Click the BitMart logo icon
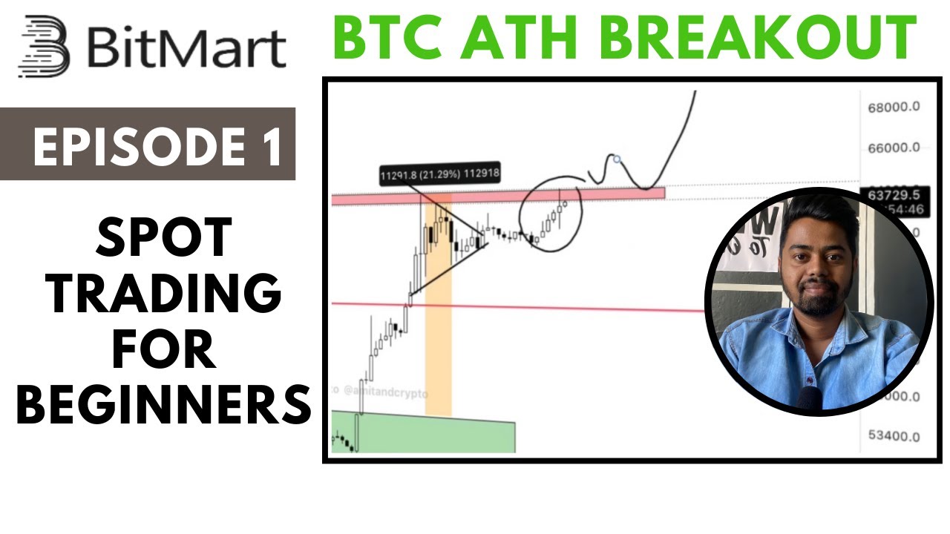[44, 46]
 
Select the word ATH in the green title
[518, 38]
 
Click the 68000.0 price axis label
[894, 107]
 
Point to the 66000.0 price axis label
[894, 148]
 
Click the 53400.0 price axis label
[894, 436]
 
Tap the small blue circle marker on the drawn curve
[616, 159]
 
